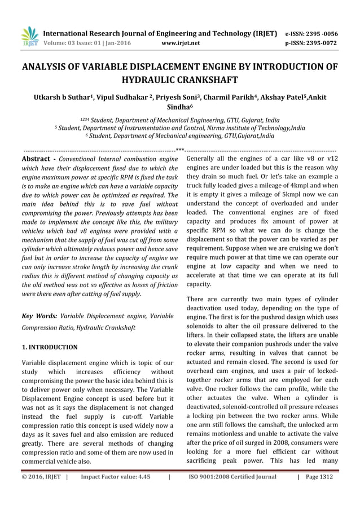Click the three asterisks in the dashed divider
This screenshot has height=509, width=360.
180,150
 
